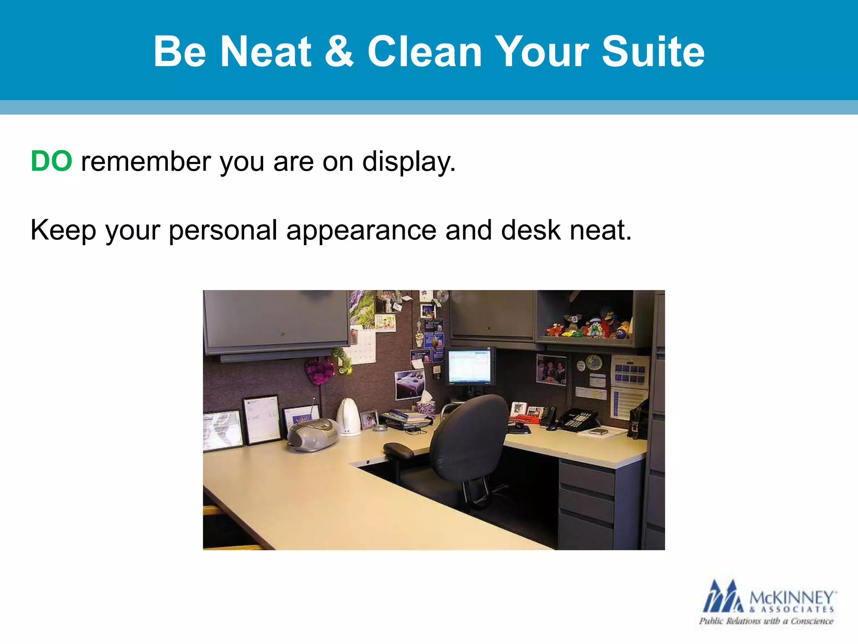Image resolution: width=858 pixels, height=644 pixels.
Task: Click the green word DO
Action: click(52, 161)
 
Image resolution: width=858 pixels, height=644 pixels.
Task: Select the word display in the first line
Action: click(408, 162)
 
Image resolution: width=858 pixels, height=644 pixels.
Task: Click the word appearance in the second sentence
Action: click(361, 231)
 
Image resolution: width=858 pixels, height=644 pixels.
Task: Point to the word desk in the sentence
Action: click(530, 231)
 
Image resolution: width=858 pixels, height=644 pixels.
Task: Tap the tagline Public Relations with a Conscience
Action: click(766, 621)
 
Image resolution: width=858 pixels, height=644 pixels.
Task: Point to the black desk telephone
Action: click(576, 419)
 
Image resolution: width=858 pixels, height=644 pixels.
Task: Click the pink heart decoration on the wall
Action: click(319, 371)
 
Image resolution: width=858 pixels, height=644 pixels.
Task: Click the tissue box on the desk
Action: click(426, 405)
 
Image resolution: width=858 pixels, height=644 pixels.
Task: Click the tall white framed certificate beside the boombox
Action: click(262, 419)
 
